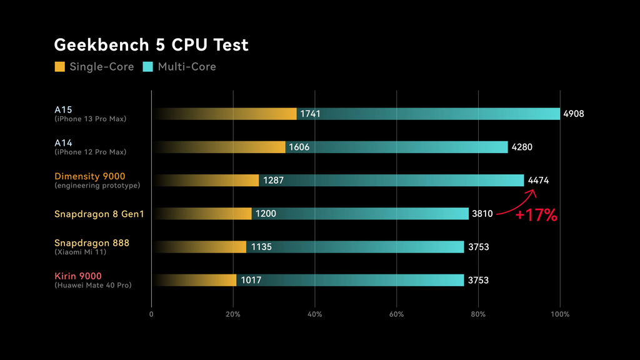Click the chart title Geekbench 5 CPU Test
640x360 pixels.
pyautogui.click(x=151, y=45)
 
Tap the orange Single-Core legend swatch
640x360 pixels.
pyautogui.click(x=60, y=66)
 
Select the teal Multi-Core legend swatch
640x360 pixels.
pyautogui.click(x=148, y=66)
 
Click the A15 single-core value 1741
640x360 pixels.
pyautogui.click(x=310, y=114)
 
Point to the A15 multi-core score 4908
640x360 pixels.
pyautogui.click(x=573, y=114)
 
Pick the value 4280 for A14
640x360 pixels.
pyautogui.click(x=522, y=147)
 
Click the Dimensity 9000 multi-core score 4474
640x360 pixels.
pyautogui.click(x=538, y=180)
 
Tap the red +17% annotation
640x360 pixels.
pyautogui.click(x=536, y=216)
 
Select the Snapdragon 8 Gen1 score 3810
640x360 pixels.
pyautogui.click(x=482, y=214)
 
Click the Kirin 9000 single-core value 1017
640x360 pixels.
pyautogui.click(x=251, y=280)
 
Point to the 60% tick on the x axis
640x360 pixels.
pyautogui.click(x=396, y=314)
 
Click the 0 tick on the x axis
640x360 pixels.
pyautogui.click(x=151, y=314)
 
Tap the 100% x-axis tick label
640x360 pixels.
pyautogui.click(x=560, y=314)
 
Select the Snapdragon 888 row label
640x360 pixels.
pyautogui.click(x=91, y=242)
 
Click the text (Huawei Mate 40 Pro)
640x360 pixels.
pyautogui.click(x=92, y=286)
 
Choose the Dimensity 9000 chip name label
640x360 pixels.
pyautogui.click(x=89, y=176)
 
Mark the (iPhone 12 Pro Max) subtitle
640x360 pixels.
pyautogui.click(x=90, y=152)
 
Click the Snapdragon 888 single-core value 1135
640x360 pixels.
pyautogui.click(x=261, y=247)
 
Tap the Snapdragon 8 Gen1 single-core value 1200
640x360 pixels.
pyautogui.click(x=266, y=214)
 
